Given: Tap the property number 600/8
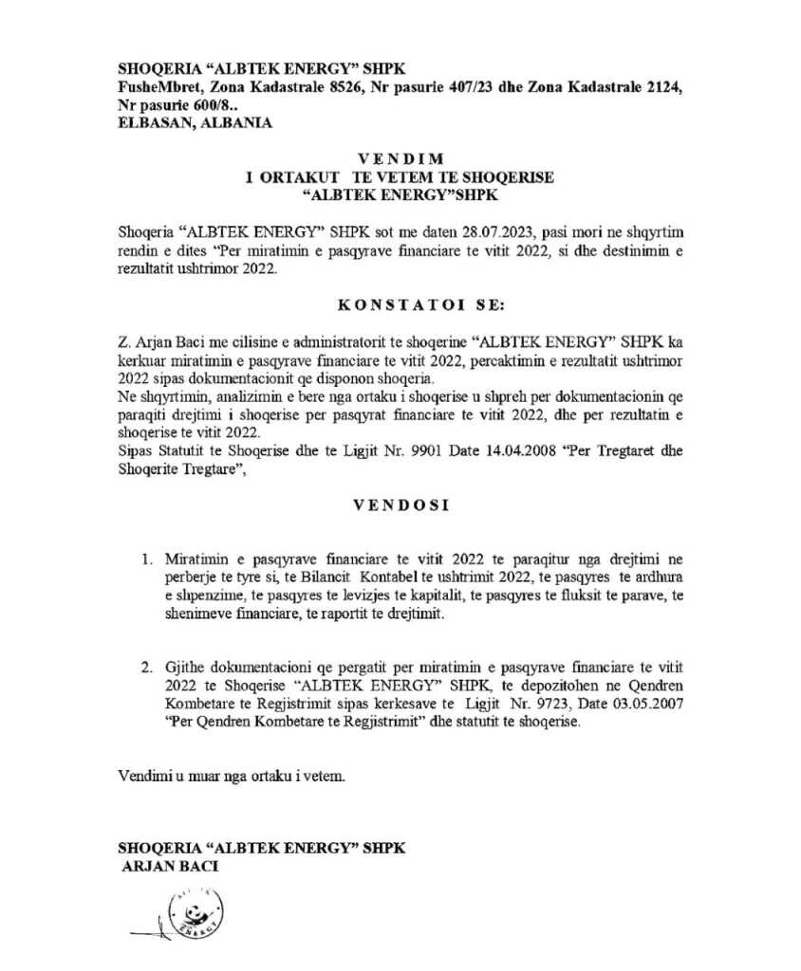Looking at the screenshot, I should click(x=201, y=105).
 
